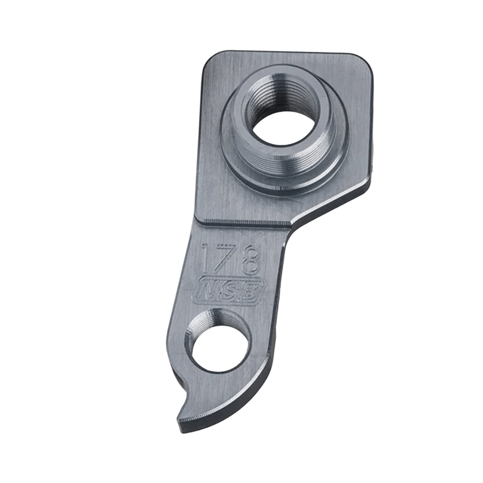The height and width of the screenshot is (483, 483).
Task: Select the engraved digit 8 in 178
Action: pos(250,260)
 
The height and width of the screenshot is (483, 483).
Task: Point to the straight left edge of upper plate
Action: pos(200,142)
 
